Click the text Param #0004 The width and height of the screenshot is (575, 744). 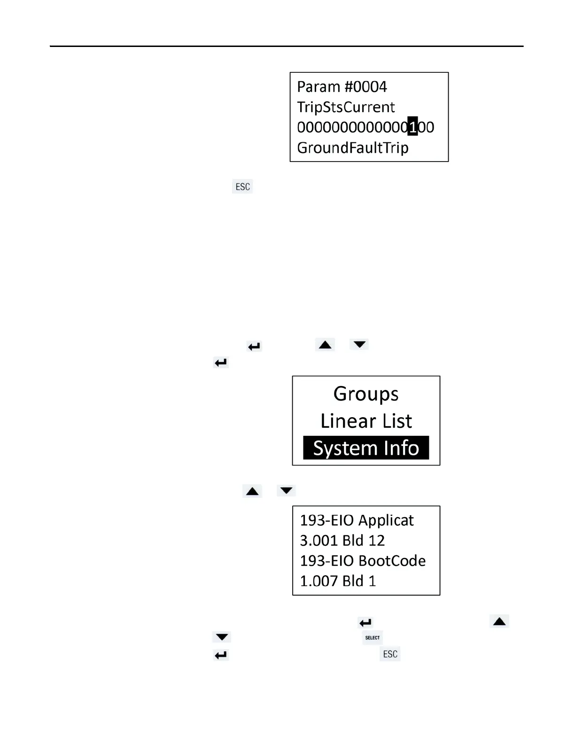point(342,87)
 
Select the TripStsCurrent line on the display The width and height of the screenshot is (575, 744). point(346,107)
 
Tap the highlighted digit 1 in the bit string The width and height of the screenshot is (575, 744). point(412,127)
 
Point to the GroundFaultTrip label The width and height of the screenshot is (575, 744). point(353,148)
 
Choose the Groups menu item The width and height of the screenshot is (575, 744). point(366,394)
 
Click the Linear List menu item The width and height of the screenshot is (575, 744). point(366,421)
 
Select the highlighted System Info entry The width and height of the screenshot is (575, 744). point(366,448)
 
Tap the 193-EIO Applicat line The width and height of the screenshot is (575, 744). point(357,520)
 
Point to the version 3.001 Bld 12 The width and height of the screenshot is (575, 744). point(342,541)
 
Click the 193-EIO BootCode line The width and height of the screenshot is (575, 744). point(363,561)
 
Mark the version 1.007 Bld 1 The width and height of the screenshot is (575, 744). point(338,581)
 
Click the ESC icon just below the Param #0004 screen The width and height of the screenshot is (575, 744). point(242,186)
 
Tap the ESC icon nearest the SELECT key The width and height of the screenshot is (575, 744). point(390,654)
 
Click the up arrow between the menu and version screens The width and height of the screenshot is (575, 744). point(252,491)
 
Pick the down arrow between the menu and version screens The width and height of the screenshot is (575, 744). point(286,491)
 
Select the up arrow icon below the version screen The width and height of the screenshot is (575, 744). point(499,621)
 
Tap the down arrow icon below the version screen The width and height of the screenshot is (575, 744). point(222,637)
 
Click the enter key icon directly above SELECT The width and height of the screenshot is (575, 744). point(365,623)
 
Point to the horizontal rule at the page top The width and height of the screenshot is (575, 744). point(287,46)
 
